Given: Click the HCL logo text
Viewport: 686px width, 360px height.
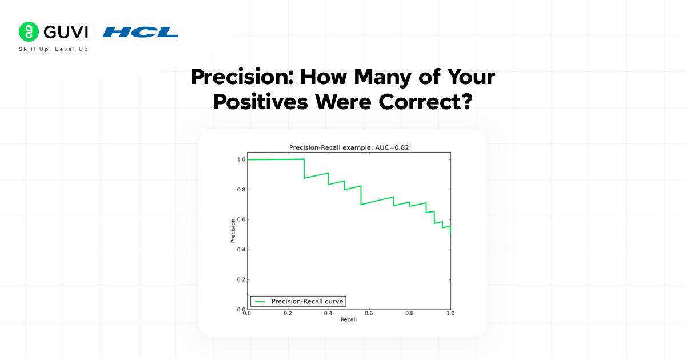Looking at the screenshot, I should (x=141, y=32).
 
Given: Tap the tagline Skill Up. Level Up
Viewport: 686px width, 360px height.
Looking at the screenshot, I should (x=54, y=49).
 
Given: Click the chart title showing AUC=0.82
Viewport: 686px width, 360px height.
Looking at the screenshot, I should (x=349, y=147).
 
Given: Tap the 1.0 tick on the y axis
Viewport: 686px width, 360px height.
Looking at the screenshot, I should (x=241, y=160).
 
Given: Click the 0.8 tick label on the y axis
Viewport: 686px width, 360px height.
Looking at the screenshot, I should (x=241, y=190).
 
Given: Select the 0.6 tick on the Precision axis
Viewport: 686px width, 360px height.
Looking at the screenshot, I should (x=241, y=220).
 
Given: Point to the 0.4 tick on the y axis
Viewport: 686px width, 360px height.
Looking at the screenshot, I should (x=241, y=250).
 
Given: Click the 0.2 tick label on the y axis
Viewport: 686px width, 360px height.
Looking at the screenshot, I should (x=241, y=280).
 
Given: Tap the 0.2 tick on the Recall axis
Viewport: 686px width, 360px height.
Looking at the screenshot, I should (x=288, y=314).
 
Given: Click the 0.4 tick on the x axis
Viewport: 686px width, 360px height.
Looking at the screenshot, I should (x=328, y=314).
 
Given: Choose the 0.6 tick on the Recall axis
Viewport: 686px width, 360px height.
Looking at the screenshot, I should (x=369, y=314).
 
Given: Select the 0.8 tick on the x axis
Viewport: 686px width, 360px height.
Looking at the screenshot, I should (x=409, y=314).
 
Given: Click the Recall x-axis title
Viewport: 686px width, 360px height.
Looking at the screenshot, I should (x=349, y=319).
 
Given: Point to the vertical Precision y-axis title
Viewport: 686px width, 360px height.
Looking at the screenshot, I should (x=233, y=231).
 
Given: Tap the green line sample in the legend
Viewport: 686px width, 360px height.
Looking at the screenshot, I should (x=260, y=301).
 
